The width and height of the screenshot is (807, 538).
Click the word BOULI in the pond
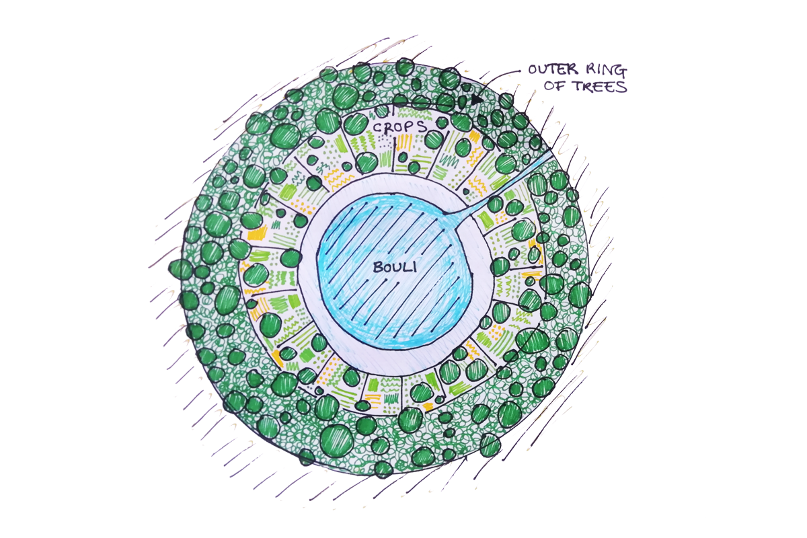tap(395, 267)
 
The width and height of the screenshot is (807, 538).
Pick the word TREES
tap(592, 86)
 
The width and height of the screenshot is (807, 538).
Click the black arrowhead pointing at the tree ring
tap(477, 99)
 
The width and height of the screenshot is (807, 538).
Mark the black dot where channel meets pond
tap(446, 215)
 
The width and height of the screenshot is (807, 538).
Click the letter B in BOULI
tap(377, 267)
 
